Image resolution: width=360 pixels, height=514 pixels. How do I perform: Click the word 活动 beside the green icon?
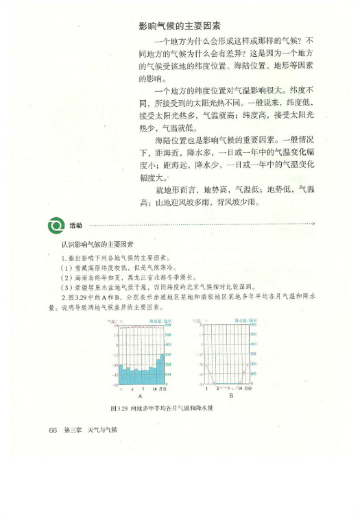[75, 225]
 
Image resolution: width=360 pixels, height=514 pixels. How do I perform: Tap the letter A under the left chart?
[139, 396]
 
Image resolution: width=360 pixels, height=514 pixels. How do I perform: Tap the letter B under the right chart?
[231, 396]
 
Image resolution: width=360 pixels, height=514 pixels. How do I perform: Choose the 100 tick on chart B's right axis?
[254, 375]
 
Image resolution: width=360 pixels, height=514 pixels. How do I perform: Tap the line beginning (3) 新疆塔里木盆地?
[158, 288]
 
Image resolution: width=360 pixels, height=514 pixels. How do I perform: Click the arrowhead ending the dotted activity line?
[313, 224]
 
